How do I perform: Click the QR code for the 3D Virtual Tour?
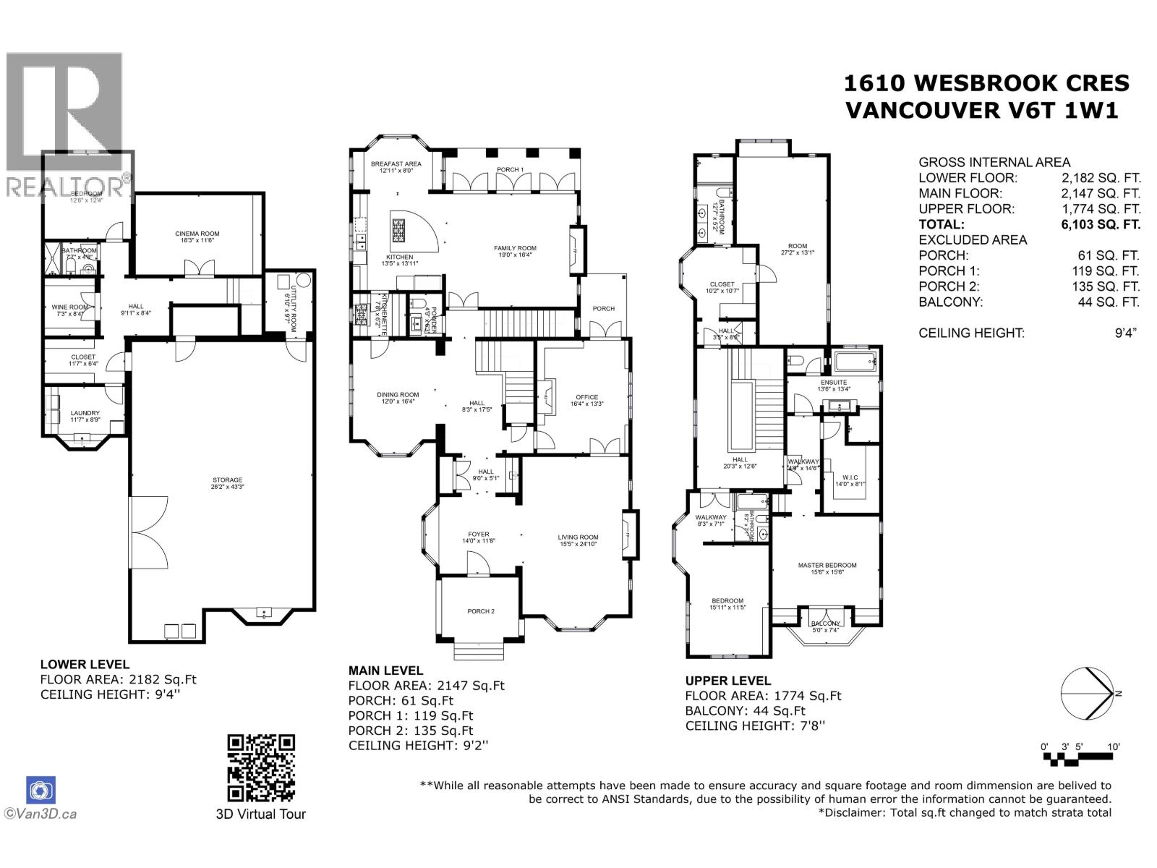pyautogui.click(x=261, y=767)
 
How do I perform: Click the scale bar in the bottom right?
pyautogui.click(x=1077, y=757)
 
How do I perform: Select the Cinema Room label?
pyautogui.click(x=197, y=234)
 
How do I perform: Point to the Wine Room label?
pyautogui.click(x=70, y=307)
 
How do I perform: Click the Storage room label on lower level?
pyautogui.click(x=227, y=480)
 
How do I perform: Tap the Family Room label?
pyautogui.click(x=515, y=248)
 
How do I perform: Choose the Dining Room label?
pyautogui.click(x=398, y=394)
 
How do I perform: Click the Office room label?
pyautogui.click(x=586, y=396)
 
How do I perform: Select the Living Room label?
pyautogui.click(x=578, y=537)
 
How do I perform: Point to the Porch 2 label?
pyautogui.click(x=481, y=611)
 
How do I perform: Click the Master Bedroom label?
pyautogui.click(x=827, y=565)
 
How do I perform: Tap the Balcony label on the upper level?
pyautogui.click(x=825, y=624)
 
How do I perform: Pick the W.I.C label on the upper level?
pyautogui.click(x=850, y=477)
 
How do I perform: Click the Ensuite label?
pyautogui.click(x=833, y=382)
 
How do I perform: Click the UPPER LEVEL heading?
pyautogui.click(x=727, y=681)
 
